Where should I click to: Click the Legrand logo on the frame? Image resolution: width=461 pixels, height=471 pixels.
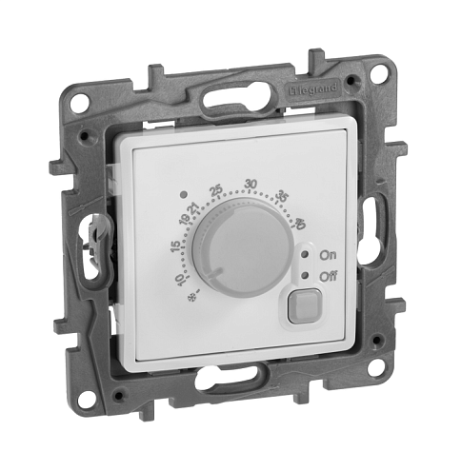pyautogui.click(x=313, y=88)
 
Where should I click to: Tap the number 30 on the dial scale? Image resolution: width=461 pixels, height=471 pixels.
pyautogui.click(x=251, y=184)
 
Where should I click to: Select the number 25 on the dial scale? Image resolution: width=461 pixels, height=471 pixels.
pyautogui.click(x=216, y=190)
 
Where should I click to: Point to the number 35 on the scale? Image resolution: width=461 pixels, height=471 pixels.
pyautogui.click(x=283, y=196)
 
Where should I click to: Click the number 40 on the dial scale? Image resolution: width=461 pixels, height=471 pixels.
pyautogui.click(x=300, y=224)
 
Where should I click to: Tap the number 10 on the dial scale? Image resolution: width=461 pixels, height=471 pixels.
pyautogui.click(x=179, y=280)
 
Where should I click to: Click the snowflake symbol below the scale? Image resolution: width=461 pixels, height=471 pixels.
pyautogui.click(x=191, y=298)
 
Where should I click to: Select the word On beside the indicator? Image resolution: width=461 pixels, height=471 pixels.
pyautogui.click(x=328, y=255)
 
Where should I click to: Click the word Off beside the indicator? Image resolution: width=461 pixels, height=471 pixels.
pyautogui.click(x=329, y=276)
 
